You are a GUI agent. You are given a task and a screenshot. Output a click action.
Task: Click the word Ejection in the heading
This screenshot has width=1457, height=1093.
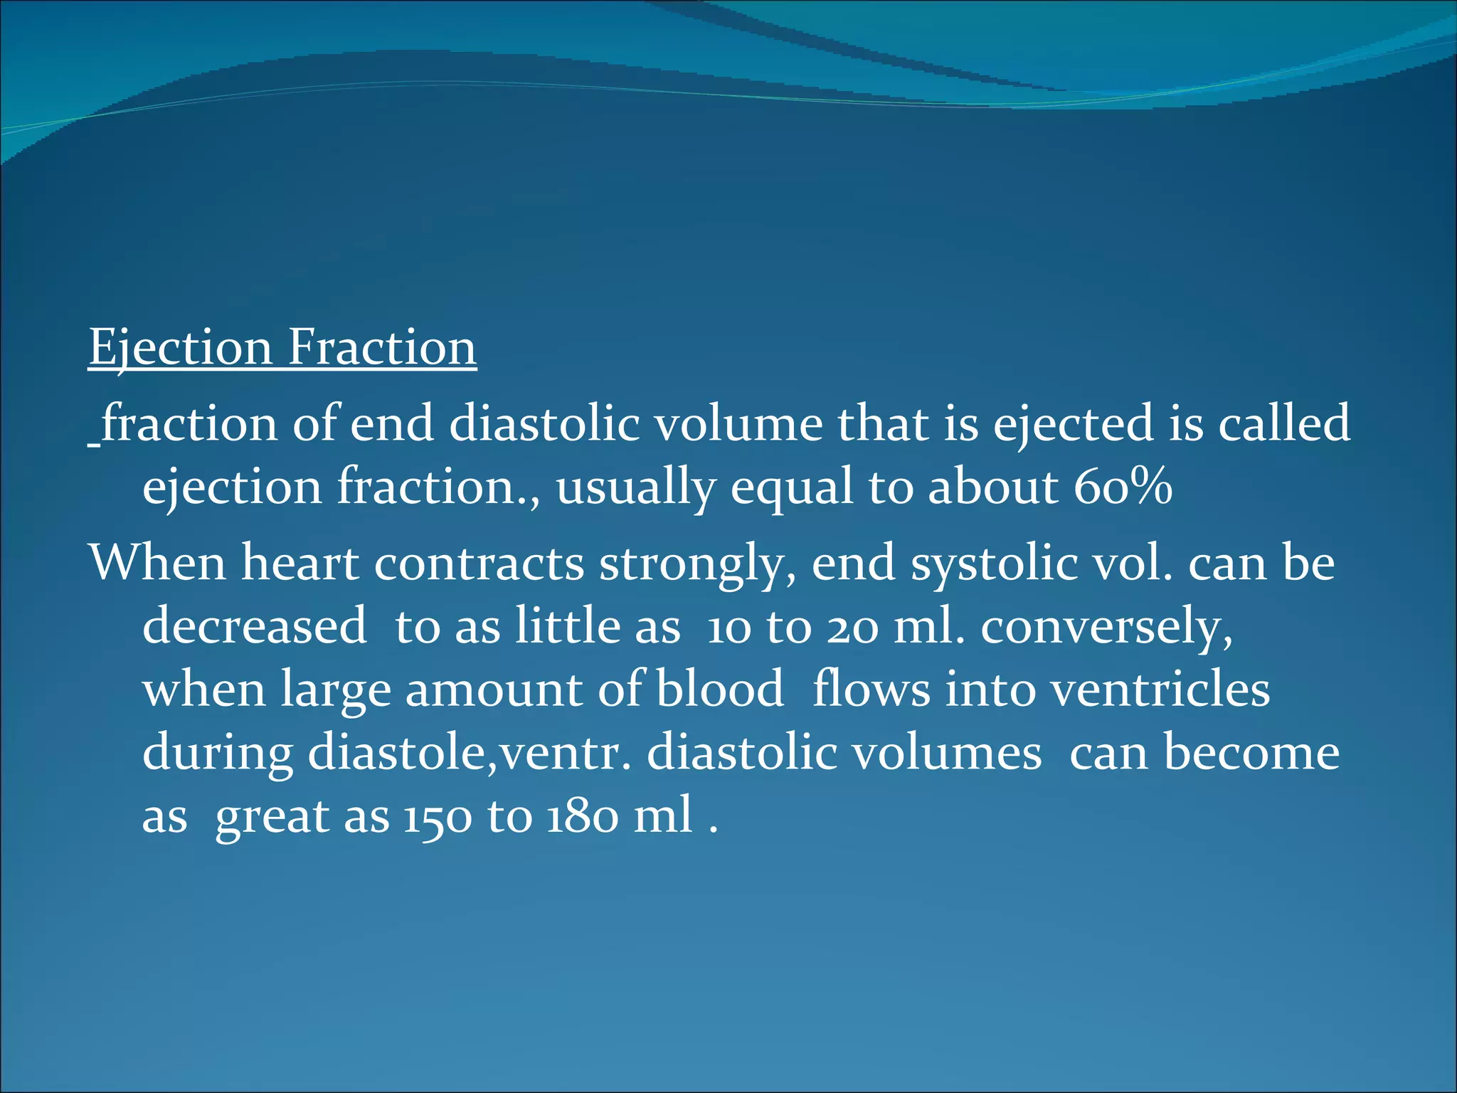coord(180,348)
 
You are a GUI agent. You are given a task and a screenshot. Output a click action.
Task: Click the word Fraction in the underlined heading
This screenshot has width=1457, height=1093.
coord(381,348)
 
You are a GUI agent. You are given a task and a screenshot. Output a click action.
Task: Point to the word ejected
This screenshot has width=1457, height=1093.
coord(1072,424)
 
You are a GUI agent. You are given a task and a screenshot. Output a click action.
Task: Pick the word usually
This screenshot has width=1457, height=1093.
coord(635,489)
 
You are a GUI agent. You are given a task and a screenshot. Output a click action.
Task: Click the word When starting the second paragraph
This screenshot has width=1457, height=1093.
coord(158,563)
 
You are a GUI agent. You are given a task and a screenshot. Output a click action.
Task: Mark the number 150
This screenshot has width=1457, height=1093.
coord(437,816)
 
